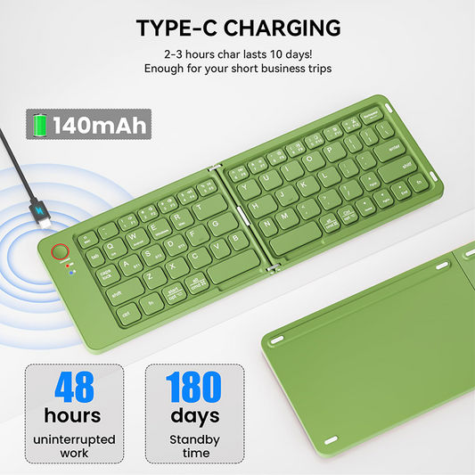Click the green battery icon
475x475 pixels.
click(40, 125)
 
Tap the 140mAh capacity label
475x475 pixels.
click(98, 125)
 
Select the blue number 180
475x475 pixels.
click(194, 389)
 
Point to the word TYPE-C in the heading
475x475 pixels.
click(177, 28)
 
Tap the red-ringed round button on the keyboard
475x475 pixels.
click(61, 252)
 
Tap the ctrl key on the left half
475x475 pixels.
click(127, 313)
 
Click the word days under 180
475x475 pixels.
click(195, 415)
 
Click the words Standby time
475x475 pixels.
click(195, 446)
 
